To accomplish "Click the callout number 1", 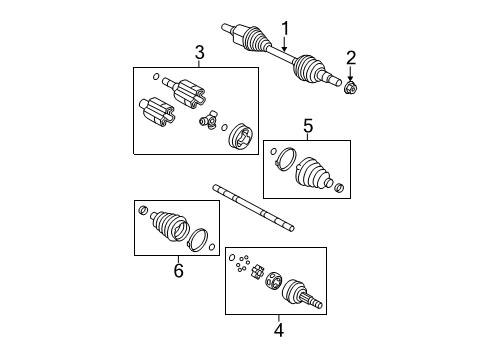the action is tap(285, 29).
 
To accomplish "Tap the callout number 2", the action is tap(351, 58).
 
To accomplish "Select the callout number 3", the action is tap(199, 53).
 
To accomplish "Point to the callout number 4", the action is tap(279, 330).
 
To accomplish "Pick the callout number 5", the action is tap(308, 126).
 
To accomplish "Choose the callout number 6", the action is tap(179, 270).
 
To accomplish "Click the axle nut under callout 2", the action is tap(351, 88).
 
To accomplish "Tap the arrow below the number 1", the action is tap(284, 44).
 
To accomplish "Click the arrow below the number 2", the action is tap(350, 73).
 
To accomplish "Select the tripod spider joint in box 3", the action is tap(208, 120).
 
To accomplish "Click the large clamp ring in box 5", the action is tap(285, 159).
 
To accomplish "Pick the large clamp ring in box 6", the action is tap(197, 240).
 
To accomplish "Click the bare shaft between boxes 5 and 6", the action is tap(254, 208).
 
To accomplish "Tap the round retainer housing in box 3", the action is tap(241, 139).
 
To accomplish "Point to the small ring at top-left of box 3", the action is tap(156, 77).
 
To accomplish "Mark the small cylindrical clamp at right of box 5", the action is tap(339, 188).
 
